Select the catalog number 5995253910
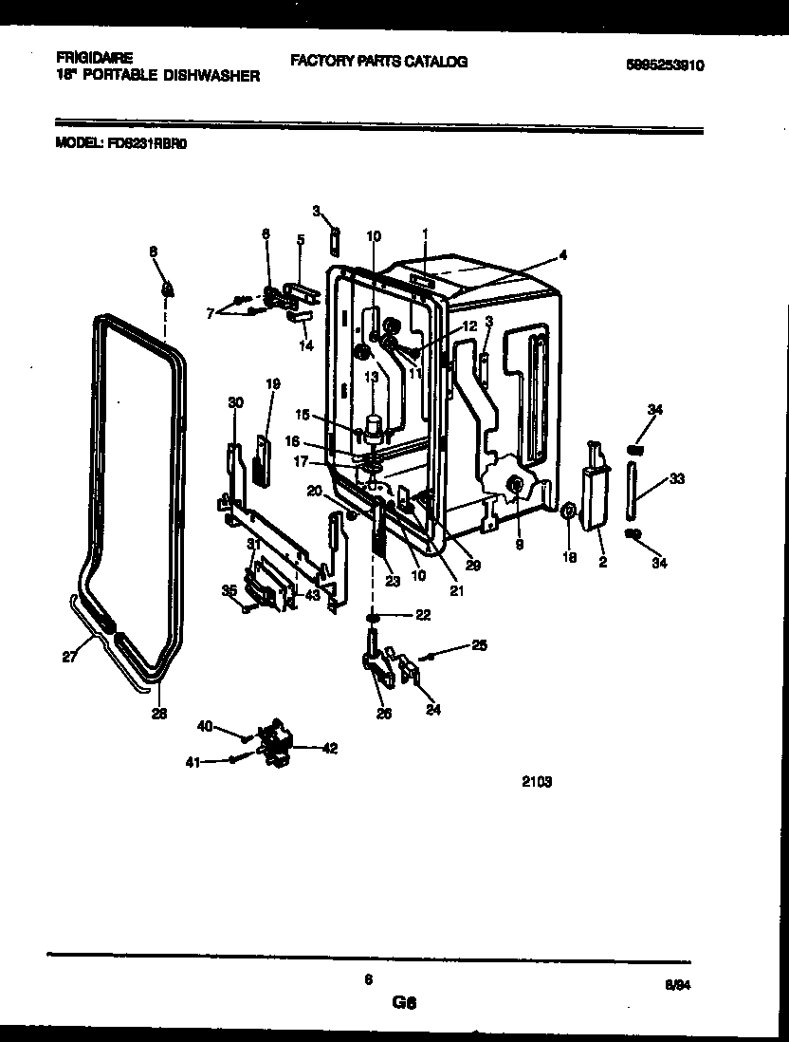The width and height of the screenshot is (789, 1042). (x=667, y=65)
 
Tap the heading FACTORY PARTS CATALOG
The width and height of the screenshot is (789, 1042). (x=378, y=62)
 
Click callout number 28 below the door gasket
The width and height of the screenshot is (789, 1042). (x=159, y=714)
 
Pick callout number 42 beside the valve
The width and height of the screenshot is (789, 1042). (x=330, y=748)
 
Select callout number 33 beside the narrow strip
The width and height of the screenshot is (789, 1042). (x=675, y=480)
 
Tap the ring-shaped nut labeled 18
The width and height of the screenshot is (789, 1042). (x=568, y=513)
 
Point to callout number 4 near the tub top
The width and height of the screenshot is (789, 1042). (x=562, y=254)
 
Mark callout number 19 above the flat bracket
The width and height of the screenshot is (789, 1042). (x=272, y=384)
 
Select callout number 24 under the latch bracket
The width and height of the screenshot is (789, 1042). (x=432, y=708)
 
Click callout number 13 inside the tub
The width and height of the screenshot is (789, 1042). (x=371, y=378)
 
